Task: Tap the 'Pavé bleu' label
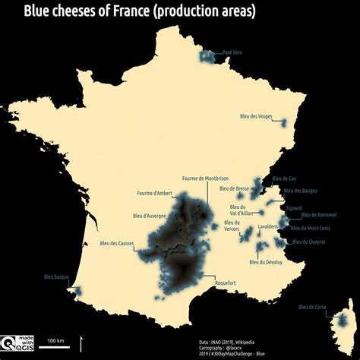(232, 52)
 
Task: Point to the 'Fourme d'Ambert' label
(156, 193)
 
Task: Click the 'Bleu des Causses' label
(119, 243)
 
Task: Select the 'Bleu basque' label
(57, 277)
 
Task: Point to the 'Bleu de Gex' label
(284, 178)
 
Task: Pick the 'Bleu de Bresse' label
(233, 188)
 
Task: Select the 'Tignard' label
(293, 207)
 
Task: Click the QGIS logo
(17, 343)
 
